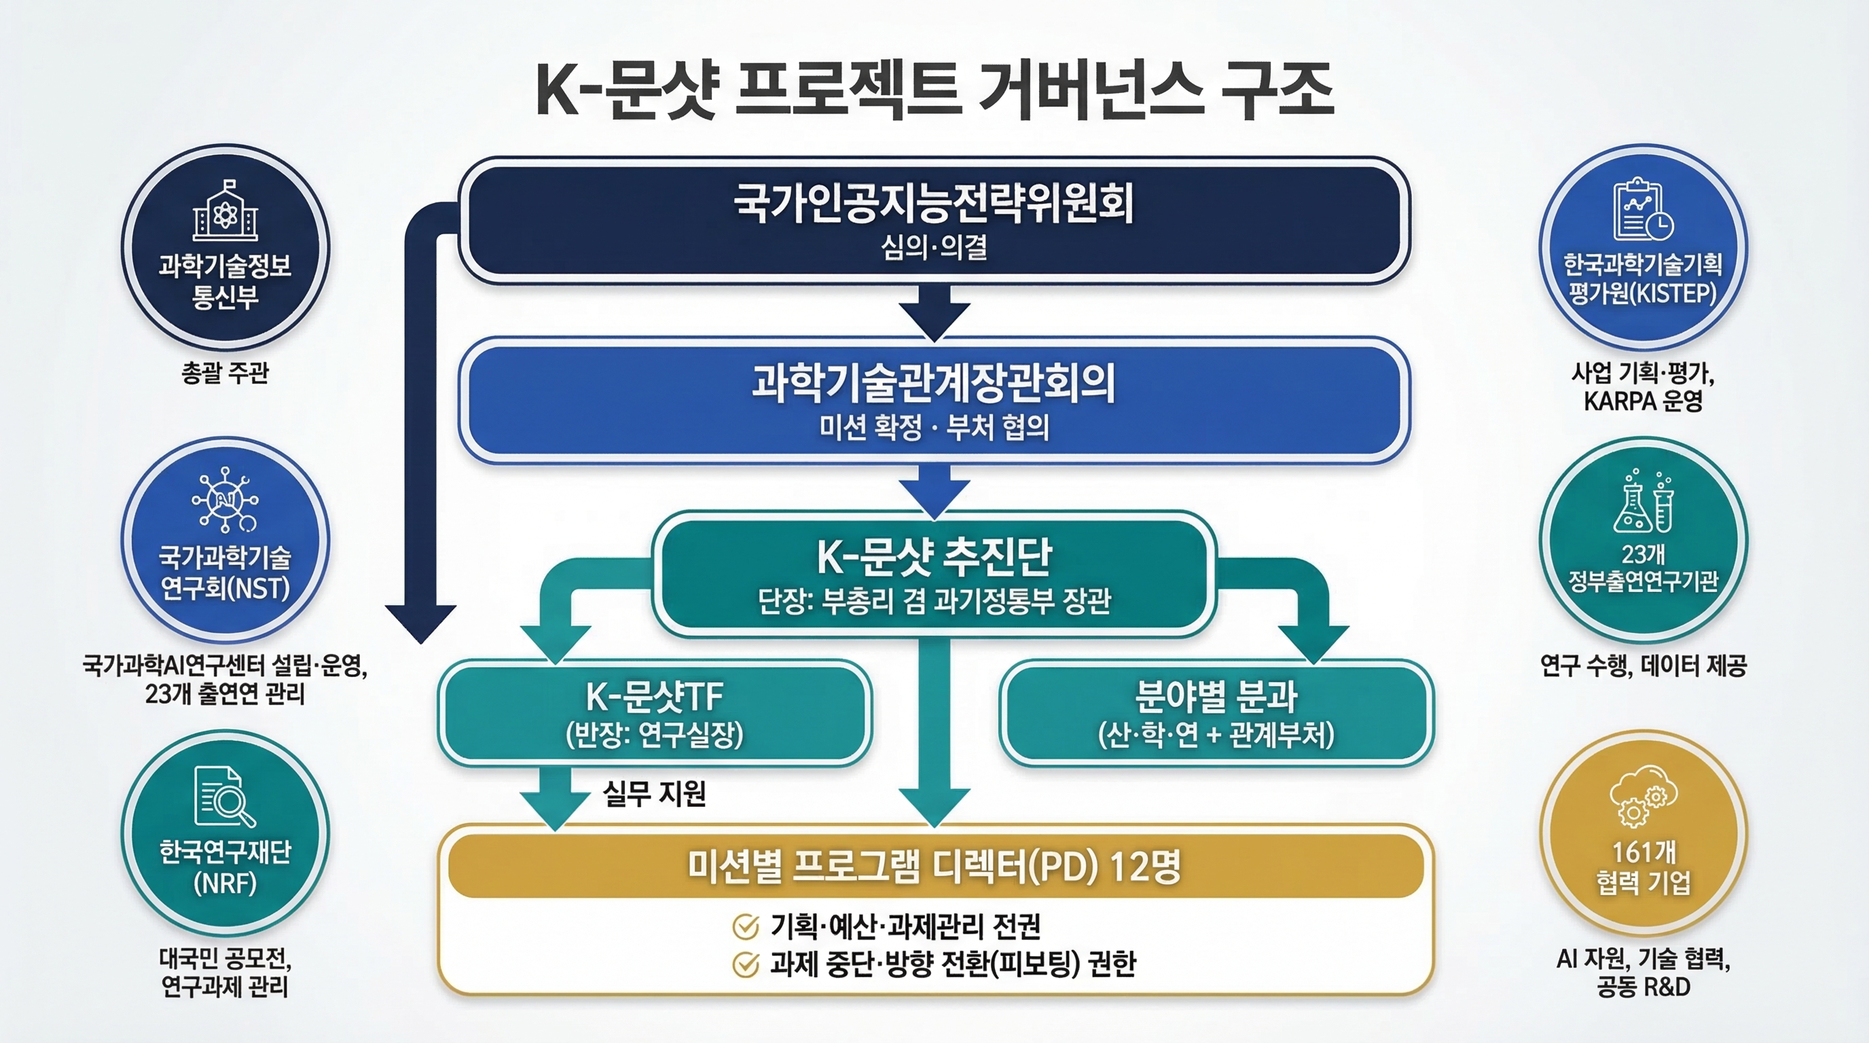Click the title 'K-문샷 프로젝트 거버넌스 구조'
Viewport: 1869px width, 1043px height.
click(x=934, y=91)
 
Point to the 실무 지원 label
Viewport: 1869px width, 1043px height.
click(x=655, y=794)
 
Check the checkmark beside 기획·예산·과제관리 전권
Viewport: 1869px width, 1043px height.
click(x=745, y=926)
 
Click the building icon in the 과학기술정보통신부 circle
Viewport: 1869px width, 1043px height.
click(x=225, y=212)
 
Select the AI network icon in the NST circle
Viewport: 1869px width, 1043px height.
click(x=225, y=500)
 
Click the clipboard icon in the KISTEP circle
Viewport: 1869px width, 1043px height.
click(x=1643, y=211)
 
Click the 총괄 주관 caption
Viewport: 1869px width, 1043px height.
click(x=225, y=373)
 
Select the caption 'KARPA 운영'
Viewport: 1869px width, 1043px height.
click(x=1643, y=401)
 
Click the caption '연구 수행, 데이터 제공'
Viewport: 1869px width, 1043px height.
click(x=1643, y=665)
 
